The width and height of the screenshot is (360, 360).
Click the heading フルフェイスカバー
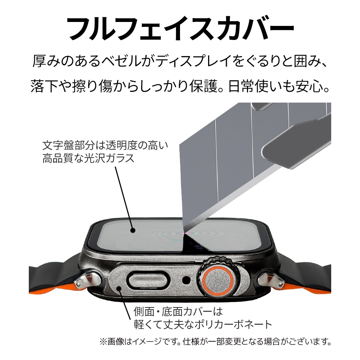[180, 29]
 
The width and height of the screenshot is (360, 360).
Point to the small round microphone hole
[186, 279]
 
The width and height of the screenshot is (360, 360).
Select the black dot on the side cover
[119, 288]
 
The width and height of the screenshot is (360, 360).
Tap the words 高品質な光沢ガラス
[89, 158]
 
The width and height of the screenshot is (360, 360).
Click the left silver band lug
[89, 281]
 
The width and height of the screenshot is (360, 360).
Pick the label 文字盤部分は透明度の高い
[105, 145]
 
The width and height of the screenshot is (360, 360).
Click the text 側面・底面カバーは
[179, 311]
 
